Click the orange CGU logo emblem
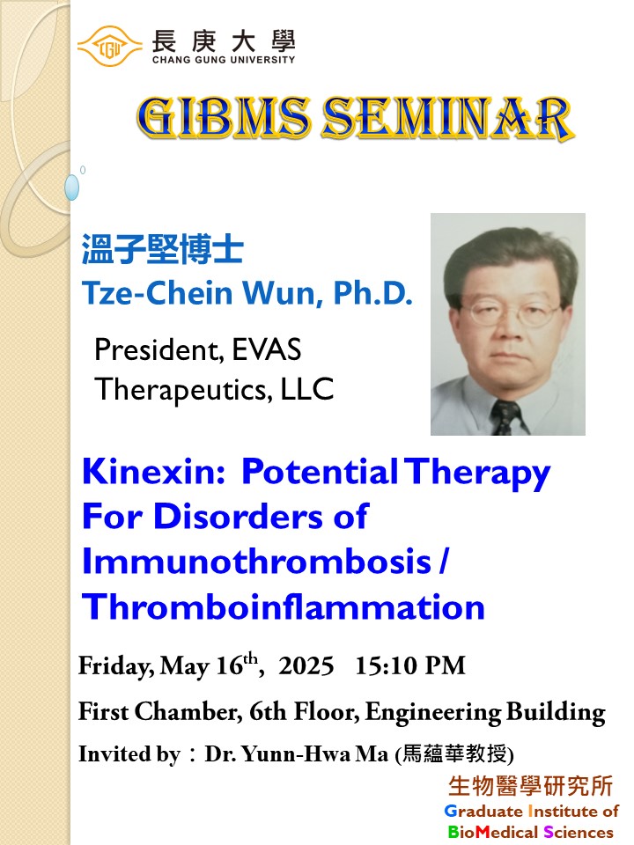(110, 47)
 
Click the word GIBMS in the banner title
(224, 117)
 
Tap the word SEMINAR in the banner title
(447, 118)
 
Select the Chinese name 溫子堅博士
(162, 249)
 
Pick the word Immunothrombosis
(256, 561)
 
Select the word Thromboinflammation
(284, 606)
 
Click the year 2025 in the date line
(306, 665)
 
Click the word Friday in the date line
(116, 666)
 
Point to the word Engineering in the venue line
(433, 712)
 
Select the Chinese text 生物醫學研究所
(531, 786)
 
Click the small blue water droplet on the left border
(71, 187)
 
